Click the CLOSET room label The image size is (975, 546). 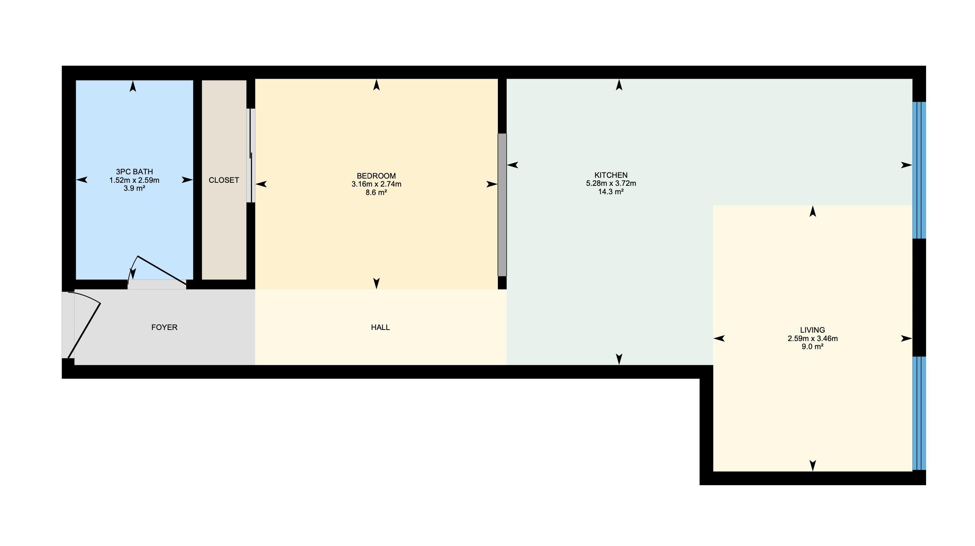[x=224, y=180]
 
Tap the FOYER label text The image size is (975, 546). [x=164, y=327]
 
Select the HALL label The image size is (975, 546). [x=380, y=327]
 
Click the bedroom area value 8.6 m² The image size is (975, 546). [x=376, y=192]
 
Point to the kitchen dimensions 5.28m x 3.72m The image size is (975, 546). [x=611, y=184]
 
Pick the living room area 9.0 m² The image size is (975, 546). [x=812, y=347]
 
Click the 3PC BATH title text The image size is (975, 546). [x=134, y=172]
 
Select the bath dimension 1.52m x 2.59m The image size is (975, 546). [x=134, y=180]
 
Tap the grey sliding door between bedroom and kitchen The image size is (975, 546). [x=502, y=205]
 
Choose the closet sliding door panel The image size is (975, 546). [x=251, y=156]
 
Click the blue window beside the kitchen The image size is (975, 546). [x=919, y=170]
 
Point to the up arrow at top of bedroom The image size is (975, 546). [x=377, y=85]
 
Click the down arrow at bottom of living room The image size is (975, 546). [x=813, y=465]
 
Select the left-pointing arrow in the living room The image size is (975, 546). [x=719, y=338]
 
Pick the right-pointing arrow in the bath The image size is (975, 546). [x=187, y=180]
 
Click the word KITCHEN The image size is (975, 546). [x=611, y=175]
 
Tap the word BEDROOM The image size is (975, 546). [x=376, y=176]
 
